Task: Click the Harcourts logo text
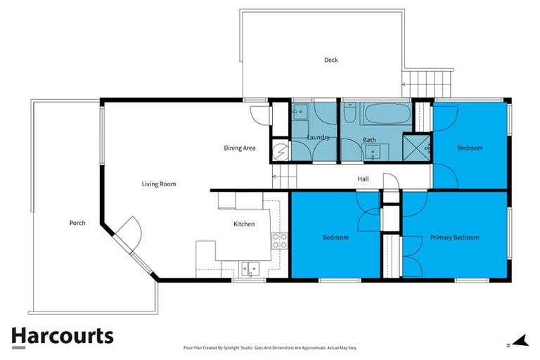point(62,336)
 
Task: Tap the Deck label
point(330,60)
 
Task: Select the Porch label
point(77,223)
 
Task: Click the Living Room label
point(158,184)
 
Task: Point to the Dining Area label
point(239,148)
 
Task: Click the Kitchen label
point(244,224)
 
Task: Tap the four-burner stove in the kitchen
point(279,240)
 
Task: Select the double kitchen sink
point(250,268)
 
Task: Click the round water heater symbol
point(280,150)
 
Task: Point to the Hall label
point(363,179)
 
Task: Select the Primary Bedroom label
point(454,238)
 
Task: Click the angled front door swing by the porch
point(128,231)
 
